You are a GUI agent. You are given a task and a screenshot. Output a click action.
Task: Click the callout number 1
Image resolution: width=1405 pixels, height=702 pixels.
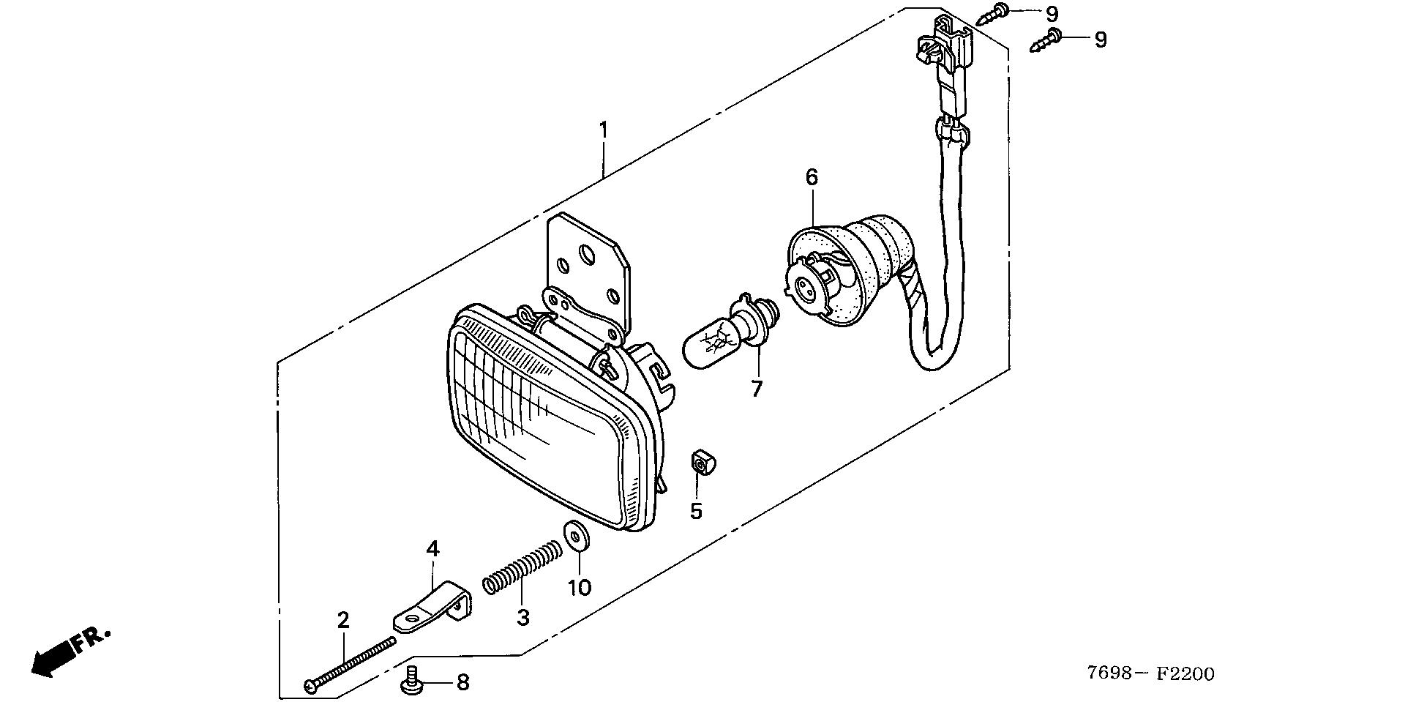click(603, 130)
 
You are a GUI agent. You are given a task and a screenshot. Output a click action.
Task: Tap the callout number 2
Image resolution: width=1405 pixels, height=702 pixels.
click(343, 620)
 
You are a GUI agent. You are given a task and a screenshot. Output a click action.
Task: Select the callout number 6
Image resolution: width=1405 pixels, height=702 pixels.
click(812, 176)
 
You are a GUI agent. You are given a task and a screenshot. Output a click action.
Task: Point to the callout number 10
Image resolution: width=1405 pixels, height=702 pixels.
click(580, 587)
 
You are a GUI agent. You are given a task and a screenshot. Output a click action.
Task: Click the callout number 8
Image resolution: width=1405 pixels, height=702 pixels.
click(462, 683)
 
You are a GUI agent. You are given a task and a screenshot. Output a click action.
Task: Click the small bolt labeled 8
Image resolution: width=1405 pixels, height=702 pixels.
click(413, 681)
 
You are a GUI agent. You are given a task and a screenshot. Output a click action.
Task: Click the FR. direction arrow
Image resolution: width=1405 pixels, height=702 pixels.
click(70, 651)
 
